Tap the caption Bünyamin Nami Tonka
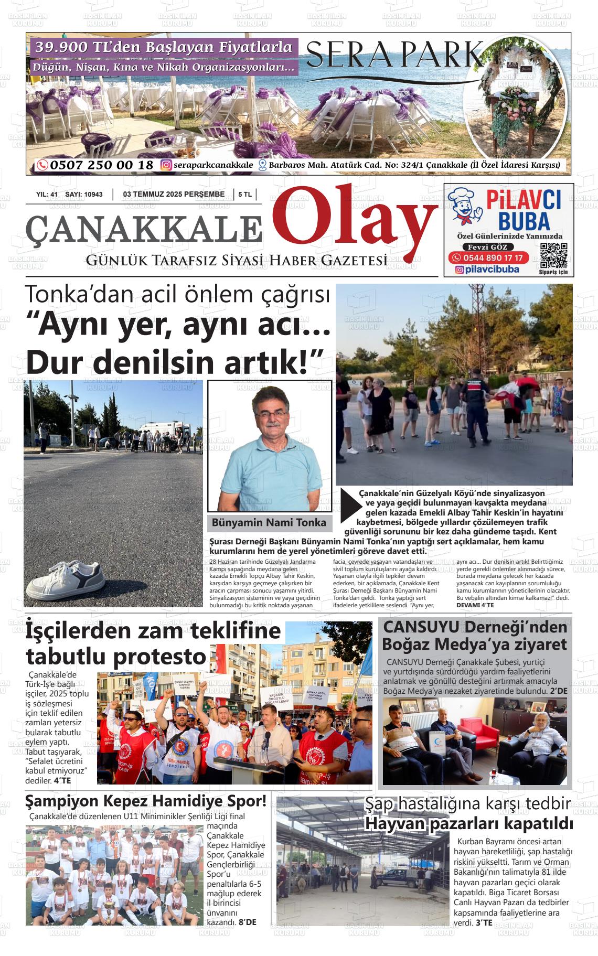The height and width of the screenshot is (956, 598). [x=269, y=523]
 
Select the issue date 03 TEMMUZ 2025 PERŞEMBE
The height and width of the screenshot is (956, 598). [x=174, y=195]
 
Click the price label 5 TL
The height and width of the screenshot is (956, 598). [x=245, y=195]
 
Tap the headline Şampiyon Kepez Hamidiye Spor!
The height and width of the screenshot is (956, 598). [x=146, y=801]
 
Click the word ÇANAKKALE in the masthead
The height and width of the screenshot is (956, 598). [x=144, y=228]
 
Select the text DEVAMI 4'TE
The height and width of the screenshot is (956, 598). [x=475, y=605]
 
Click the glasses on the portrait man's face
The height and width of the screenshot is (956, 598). [x=271, y=414]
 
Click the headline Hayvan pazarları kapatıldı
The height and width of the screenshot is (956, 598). [x=468, y=823]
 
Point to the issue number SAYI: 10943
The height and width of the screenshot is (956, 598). [x=84, y=195]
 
